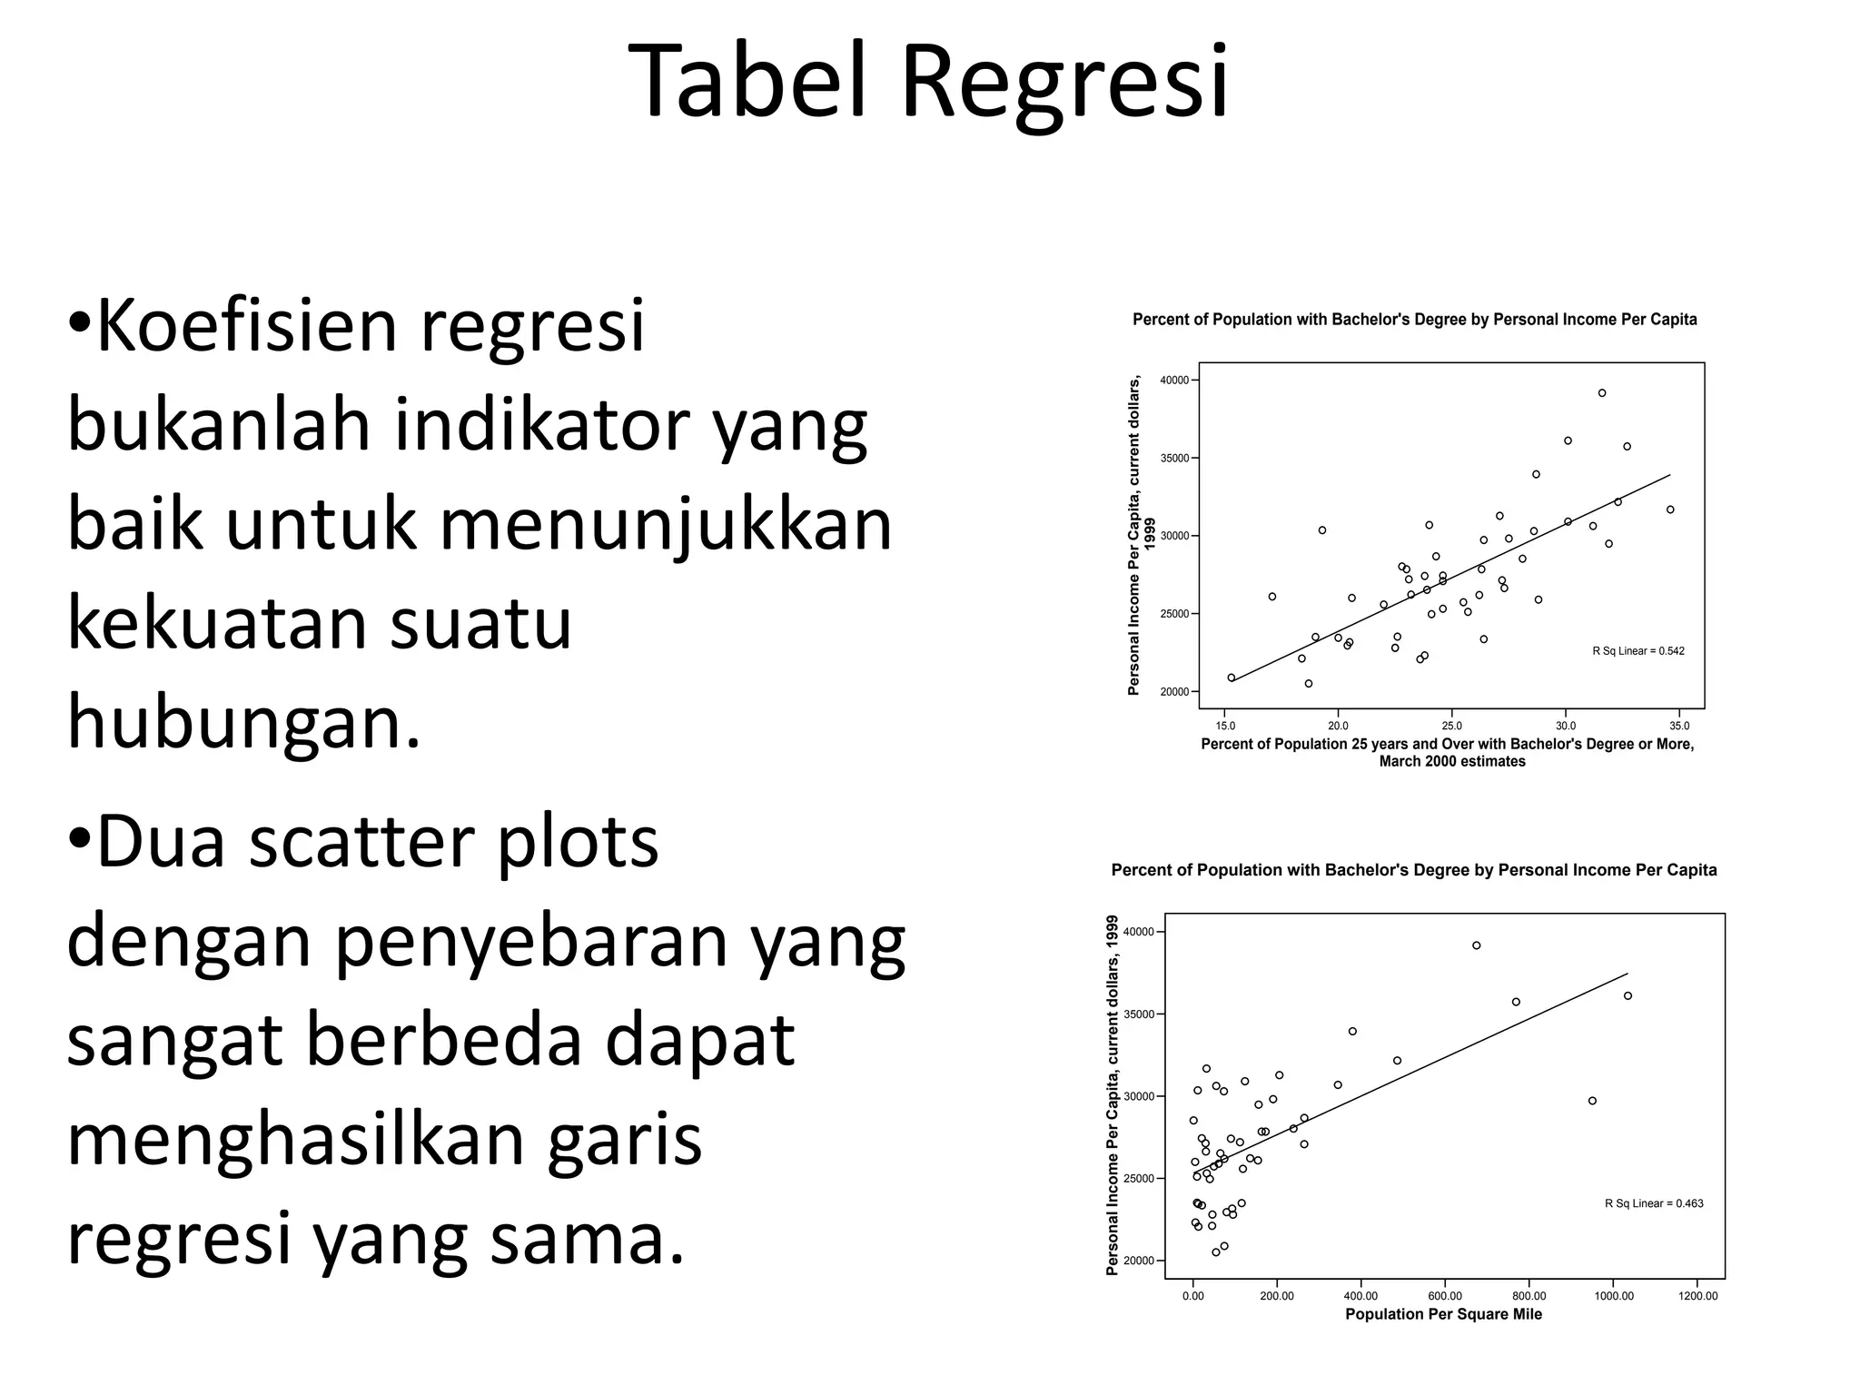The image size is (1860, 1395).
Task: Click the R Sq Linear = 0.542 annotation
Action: pyautogui.click(x=1637, y=651)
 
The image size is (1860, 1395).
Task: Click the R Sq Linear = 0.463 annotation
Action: pyautogui.click(x=1654, y=1203)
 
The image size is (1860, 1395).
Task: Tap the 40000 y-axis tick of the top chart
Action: pyautogui.click(x=1174, y=381)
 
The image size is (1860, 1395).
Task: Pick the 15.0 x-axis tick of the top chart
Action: pyautogui.click(x=1225, y=726)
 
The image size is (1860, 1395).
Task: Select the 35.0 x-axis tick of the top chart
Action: pyautogui.click(x=1679, y=726)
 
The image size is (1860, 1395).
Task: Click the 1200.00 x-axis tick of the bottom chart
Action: pyautogui.click(x=1697, y=1296)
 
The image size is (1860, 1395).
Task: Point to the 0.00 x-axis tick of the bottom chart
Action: pyautogui.click(x=1192, y=1296)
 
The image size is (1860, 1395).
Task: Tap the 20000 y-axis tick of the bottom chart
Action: pyautogui.click(x=1136, y=1261)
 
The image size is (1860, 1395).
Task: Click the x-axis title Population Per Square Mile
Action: pyautogui.click(x=1443, y=1314)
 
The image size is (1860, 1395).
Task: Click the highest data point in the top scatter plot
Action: pyautogui.click(x=1602, y=393)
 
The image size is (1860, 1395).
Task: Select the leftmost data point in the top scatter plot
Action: pyautogui.click(x=1232, y=678)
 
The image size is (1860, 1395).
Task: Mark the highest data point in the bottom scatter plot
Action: pyautogui.click(x=1477, y=945)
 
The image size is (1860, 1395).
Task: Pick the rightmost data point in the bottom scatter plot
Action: pyautogui.click(x=1627, y=995)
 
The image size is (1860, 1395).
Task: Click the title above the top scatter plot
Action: pyautogui.click(x=1414, y=320)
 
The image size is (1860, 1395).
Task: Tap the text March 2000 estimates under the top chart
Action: pyautogui.click(x=1451, y=761)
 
